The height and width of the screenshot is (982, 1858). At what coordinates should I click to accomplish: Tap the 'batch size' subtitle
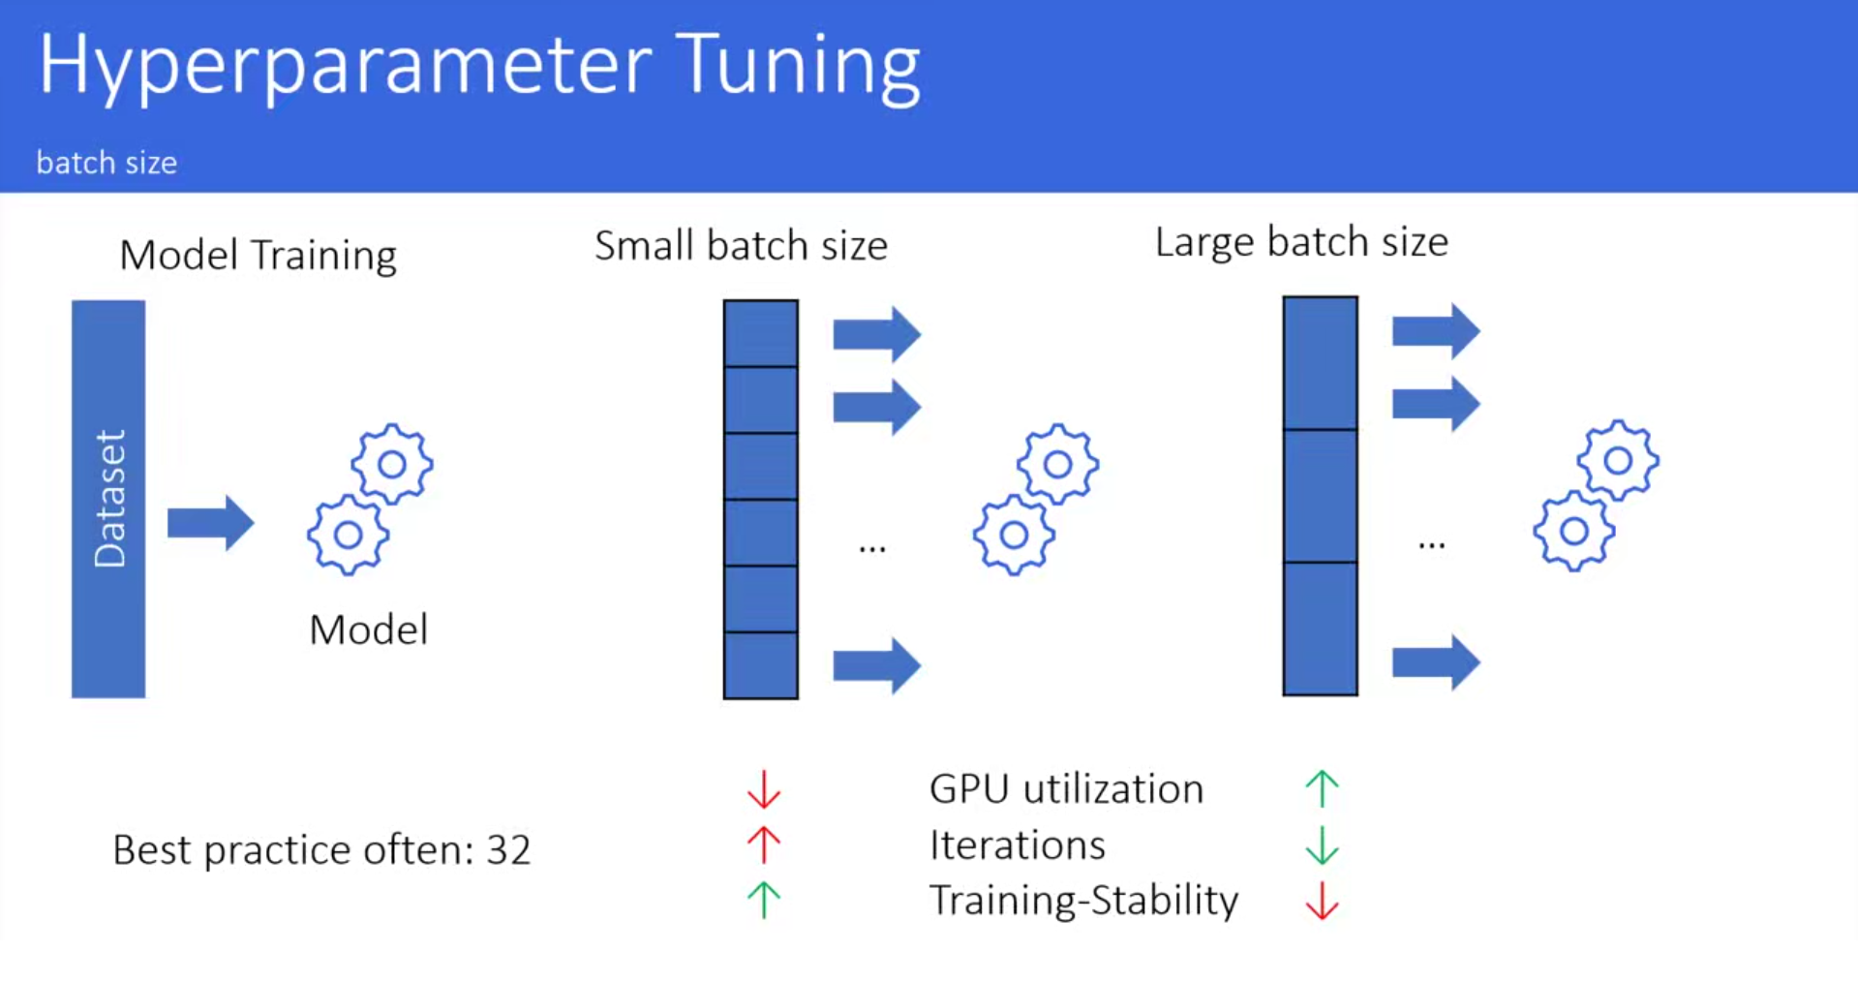[107, 163]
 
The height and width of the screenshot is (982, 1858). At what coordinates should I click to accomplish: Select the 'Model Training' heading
[258, 256]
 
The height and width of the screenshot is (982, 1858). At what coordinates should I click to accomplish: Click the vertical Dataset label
[109, 499]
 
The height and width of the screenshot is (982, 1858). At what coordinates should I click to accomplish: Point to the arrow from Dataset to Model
[210, 523]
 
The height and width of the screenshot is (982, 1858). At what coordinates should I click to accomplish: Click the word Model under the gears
[368, 629]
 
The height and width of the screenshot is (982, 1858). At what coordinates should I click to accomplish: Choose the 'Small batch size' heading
[741, 246]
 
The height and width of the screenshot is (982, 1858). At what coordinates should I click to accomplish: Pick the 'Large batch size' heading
[1301, 242]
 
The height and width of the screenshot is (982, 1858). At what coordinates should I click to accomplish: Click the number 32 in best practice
[508, 850]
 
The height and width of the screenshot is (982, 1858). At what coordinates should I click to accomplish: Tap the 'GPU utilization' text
[1066, 789]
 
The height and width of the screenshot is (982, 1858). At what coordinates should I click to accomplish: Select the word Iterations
[1017, 845]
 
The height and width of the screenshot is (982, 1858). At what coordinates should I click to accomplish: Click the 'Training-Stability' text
[1083, 901]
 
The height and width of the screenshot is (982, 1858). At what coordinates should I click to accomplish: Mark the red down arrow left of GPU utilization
[764, 789]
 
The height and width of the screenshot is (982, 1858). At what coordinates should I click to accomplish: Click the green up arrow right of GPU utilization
[1322, 789]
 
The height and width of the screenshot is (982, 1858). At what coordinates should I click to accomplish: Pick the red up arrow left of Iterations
[764, 844]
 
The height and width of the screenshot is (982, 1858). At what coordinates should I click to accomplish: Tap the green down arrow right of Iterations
[1322, 845]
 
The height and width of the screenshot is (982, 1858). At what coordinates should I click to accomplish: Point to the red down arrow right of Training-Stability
[1322, 901]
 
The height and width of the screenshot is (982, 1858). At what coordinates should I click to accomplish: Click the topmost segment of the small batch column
[761, 333]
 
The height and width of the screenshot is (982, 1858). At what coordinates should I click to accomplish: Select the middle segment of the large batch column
[1321, 496]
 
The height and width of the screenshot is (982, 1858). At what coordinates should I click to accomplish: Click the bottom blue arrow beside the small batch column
[876, 665]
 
